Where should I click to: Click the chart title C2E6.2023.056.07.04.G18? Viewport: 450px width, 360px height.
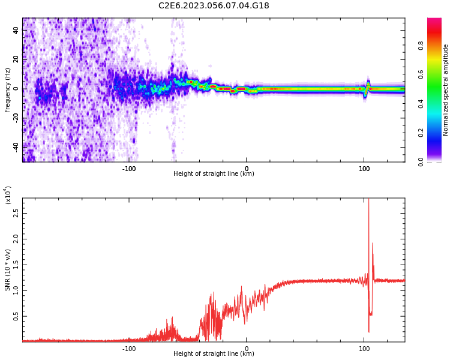pyautogui.click(x=214, y=6)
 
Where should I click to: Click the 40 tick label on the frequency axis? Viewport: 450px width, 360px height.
pyautogui.click(x=16, y=31)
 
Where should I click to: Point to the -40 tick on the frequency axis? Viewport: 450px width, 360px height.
pyautogui.click(x=16, y=146)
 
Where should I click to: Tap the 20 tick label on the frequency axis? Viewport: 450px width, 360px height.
pyautogui.click(x=16, y=60)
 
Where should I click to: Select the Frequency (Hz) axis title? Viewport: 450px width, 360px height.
pyautogui.click(x=7, y=90)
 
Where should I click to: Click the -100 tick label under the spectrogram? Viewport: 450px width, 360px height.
pyautogui.click(x=129, y=169)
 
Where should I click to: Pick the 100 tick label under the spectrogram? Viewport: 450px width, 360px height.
pyautogui.click(x=364, y=169)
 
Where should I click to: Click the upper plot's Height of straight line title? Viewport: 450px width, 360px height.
pyautogui.click(x=214, y=174)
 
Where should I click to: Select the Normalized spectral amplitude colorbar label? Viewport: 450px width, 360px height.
pyautogui.click(x=446, y=90)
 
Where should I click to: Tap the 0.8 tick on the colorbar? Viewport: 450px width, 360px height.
pyautogui.click(x=437, y=44)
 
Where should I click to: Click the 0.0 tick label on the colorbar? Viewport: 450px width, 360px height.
pyautogui.click(x=437, y=161)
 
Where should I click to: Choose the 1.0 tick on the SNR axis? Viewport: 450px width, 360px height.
pyautogui.click(x=16, y=290)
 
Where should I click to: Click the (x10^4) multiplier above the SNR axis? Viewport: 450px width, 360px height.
pyautogui.click(x=8, y=195)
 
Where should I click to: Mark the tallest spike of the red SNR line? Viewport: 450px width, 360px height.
pyautogui.click(x=368, y=201)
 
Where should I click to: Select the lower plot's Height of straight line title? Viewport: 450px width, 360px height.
pyautogui.click(x=214, y=354)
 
